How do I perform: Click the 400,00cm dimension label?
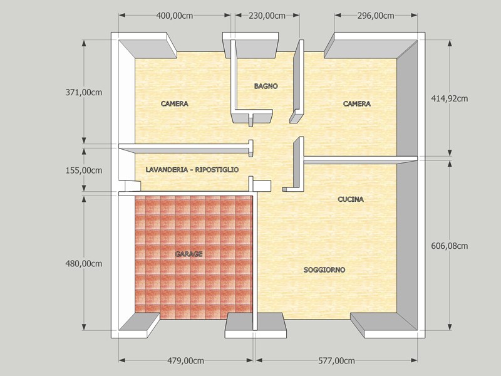click(x=175, y=16)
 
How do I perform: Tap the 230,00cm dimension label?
click(x=267, y=16)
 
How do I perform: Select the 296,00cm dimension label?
click(x=375, y=16)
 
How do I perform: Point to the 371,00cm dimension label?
click(x=84, y=92)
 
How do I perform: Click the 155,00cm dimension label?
click(x=84, y=170)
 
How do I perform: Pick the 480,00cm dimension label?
click(x=84, y=264)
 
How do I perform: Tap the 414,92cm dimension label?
click(x=450, y=98)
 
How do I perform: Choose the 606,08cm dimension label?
click(x=450, y=246)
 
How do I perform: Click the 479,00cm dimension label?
click(x=185, y=361)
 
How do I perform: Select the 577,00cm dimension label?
click(x=336, y=361)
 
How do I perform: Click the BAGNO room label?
click(x=266, y=86)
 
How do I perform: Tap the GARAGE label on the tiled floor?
click(x=189, y=254)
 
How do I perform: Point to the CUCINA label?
click(x=351, y=199)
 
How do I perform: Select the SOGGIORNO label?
click(x=324, y=270)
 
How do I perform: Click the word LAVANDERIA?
click(x=167, y=170)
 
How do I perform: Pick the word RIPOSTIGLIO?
click(x=217, y=170)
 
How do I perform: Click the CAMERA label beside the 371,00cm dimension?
click(x=175, y=103)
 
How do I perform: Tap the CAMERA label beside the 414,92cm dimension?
click(x=357, y=103)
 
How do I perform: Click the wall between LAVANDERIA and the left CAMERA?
click(x=186, y=148)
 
